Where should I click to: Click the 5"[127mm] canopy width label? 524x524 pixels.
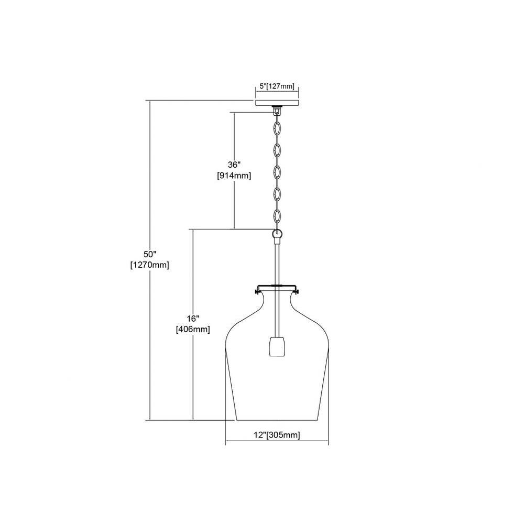(277, 86)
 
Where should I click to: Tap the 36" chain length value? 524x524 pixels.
(234, 165)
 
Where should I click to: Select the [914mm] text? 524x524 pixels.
(234, 176)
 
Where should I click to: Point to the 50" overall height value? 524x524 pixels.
(150, 254)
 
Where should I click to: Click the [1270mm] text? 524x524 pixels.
(150, 265)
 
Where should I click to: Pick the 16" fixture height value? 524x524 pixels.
(193, 318)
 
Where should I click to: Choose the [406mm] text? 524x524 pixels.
(193, 329)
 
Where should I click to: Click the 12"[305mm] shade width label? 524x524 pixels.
(277, 435)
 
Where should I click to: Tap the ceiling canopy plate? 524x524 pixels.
(277, 103)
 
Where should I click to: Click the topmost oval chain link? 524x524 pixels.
(277, 128)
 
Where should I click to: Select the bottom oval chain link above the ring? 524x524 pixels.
(277, 216)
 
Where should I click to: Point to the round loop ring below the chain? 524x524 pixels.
(277, 233)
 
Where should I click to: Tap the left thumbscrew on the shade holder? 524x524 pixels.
(257, 293)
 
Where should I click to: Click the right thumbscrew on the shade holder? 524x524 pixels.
(297, 293)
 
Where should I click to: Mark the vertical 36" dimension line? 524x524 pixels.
(234, 171)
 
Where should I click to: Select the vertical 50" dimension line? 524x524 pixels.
(150, 260)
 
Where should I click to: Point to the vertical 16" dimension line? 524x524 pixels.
(193, 324)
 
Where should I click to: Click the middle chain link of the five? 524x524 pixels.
(277, 172)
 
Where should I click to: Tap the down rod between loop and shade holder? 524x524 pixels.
(277, 262)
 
